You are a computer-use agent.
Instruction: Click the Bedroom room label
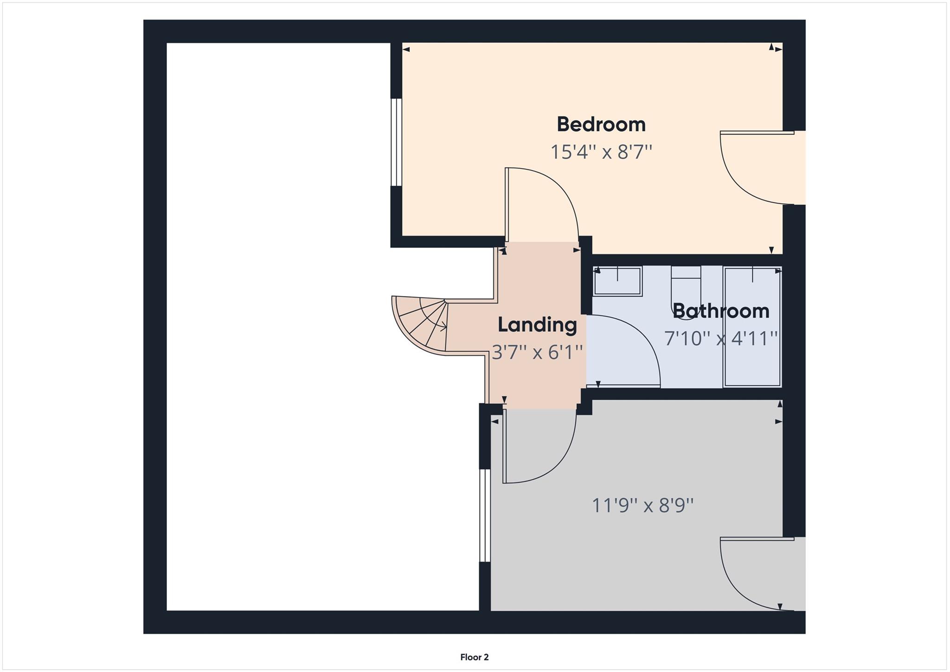pyautogui.click(x=601, y=124)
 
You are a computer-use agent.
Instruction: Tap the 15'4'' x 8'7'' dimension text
pyautogui.click(x=601, y=152)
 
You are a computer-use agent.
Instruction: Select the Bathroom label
pyautogui.click(x=721, y=311)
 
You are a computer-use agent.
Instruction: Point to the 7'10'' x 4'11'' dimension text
pyautogui.click(x=721, y=338)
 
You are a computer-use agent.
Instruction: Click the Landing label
pyautogui.click(x=537, y=325)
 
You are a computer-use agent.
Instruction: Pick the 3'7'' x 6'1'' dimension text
pyautogui.click(x=537, y=352)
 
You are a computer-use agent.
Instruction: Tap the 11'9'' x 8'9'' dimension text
pyautogui.click(x=642, y=505)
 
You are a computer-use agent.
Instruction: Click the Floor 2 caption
pyautogui.click(x=474, y=657)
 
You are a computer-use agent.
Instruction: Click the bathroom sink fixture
pyautogui.click(x=617, y=281)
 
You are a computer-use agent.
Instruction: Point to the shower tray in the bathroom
pyautogui.click(x=752, y=327)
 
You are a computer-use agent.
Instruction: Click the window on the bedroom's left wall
pyautogui.click(x=396, y=142)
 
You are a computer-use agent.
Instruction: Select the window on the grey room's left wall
pyautogui.click(x=485, y=516)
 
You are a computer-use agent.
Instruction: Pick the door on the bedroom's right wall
pyautogui.click(x=756, y=167)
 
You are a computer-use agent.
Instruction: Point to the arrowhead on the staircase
pyautogui.click(x=444, y=327)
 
